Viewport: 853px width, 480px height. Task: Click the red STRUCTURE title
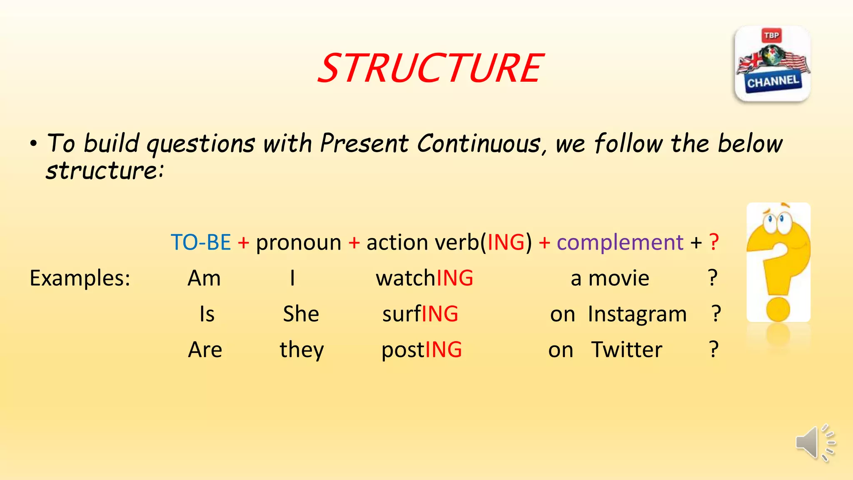(431, 68)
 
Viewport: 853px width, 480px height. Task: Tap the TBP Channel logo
(773, 64)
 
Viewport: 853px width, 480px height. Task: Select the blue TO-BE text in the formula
(201, 242)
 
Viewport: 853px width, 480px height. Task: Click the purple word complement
(620, 242)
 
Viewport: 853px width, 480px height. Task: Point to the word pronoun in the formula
(298, 242)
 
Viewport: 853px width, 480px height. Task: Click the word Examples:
(80, 278)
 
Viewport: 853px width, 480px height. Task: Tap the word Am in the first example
(204, 278)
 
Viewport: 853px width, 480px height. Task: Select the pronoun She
(301, 314)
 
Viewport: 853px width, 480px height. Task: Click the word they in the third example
(302, 350)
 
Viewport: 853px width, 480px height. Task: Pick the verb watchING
(424, 278)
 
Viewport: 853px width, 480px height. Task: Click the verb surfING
(420, 314)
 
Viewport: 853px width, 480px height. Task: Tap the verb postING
(422, 350)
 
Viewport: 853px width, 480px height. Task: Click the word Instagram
(637, 314)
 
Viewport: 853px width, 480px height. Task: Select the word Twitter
(626, 350)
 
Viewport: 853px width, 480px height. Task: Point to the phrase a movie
(610, 278)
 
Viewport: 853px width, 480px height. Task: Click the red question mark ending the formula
(714, 242)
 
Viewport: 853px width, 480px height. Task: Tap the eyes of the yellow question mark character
(777, 220)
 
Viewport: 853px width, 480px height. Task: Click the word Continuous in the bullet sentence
(479, 144)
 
